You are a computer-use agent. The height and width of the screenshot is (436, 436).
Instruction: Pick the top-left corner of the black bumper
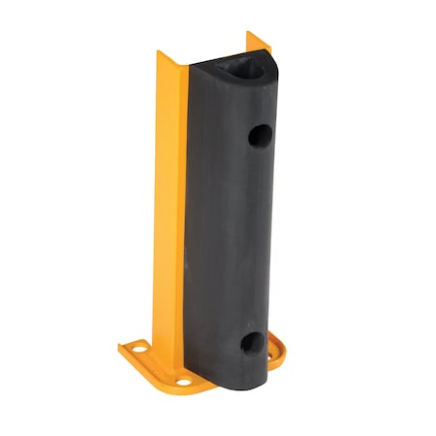[190, 68]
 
